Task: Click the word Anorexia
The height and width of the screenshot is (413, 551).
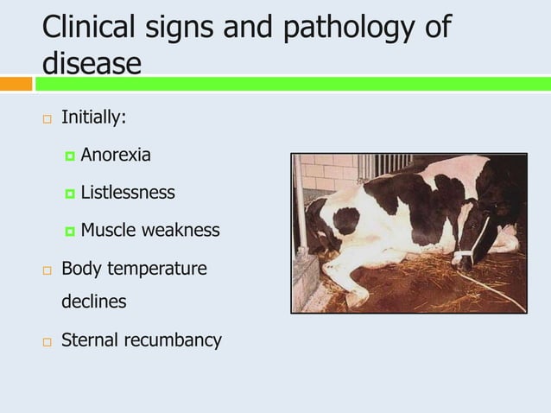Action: [116, 156]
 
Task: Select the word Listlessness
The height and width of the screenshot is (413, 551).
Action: [128, 193]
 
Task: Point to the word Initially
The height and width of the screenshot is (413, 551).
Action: [94, 118]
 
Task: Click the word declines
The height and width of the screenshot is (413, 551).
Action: [93, 302]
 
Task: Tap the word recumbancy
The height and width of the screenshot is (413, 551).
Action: [173, 340]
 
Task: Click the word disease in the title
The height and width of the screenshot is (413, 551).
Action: [92, 62]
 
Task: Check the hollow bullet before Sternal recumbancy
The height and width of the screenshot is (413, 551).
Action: [47, 341]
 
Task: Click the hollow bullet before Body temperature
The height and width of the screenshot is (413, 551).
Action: [47, 270]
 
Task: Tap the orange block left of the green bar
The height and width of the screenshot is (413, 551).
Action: [16, 84]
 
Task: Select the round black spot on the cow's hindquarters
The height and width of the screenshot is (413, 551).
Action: [346, 219]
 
